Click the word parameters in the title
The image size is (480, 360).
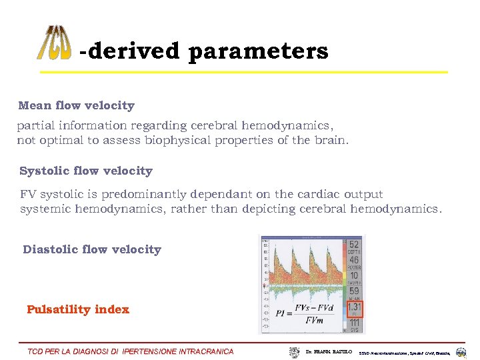click(258, 51)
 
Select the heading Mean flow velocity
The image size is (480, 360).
click(76, 105)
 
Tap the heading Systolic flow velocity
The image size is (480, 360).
click(85, 171)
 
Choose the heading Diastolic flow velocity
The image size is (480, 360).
click(92, 249)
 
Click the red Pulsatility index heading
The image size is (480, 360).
click(78, 309)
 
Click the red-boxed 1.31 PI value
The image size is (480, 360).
click(354, 307)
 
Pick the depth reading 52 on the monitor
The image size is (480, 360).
click(354, 245)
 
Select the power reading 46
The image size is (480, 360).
click(354, 260)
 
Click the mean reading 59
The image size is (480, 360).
click(354, 291)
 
